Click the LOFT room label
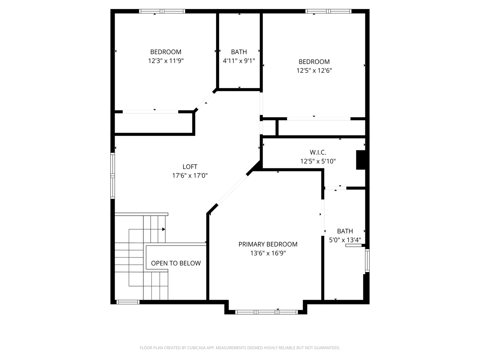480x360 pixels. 190,167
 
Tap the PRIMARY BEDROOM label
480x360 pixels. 268,244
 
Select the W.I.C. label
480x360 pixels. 318,152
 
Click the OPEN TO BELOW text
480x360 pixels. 176,263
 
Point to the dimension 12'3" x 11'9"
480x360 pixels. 166,61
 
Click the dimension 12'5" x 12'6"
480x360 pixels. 314,71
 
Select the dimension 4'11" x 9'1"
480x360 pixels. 239,61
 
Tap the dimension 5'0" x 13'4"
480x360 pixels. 345,240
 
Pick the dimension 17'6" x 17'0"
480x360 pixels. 190,176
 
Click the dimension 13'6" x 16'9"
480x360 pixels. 268,253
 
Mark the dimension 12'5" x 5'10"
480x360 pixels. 318,161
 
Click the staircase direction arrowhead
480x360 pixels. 164,229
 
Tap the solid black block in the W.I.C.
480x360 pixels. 361,160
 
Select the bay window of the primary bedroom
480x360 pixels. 267,312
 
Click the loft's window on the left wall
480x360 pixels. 113,176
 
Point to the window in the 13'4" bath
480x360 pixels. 367,261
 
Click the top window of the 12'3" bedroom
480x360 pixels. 162,11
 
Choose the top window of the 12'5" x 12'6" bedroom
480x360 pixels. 328,11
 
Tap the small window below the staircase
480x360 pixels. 128,302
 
